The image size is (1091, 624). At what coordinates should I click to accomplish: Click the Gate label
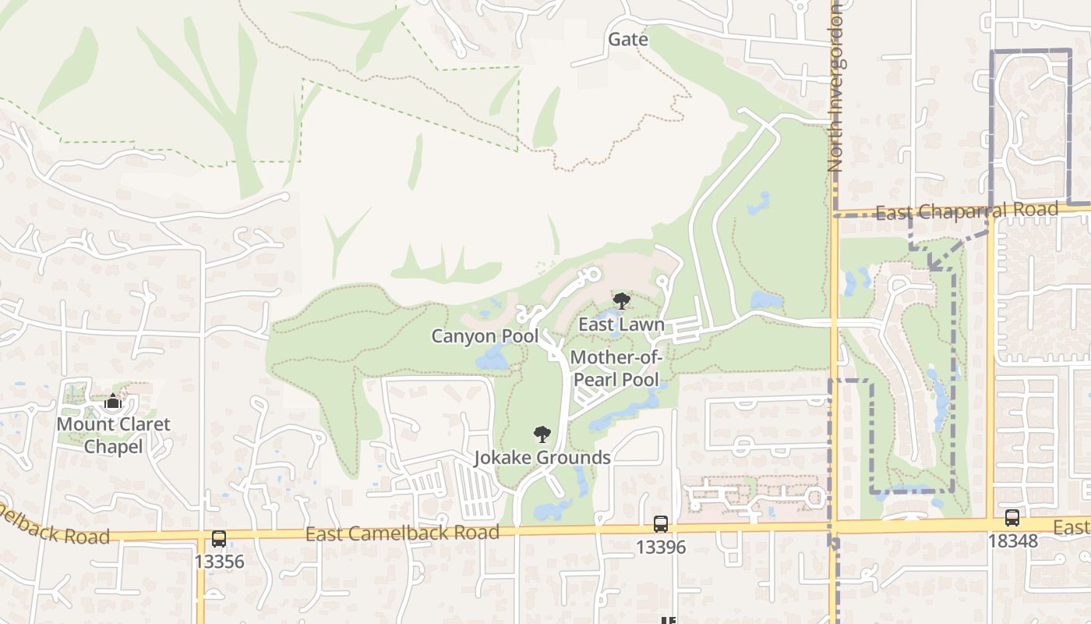pyautogui.click(x=627, y=39)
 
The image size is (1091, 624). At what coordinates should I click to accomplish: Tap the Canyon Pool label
pyautogui.click(x=485, y=336)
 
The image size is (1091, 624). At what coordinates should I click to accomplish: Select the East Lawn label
pyautogui.click(x=621, y=324)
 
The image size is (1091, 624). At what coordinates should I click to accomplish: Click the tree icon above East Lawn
pyautogui.click(x=621, y=301)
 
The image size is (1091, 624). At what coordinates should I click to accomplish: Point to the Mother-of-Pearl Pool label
pyautogui.click(x=616, y=368)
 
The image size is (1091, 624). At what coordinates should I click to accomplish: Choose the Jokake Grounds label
pyautogui.click(x=542, y=457)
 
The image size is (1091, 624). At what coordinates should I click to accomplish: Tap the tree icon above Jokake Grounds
pyautogui.click(x=542, y=434)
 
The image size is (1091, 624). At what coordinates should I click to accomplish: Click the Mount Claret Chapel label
pyautogui.click(x=113, y=435)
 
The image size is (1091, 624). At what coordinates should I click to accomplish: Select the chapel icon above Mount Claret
pyautogui.click(x=113, y=402)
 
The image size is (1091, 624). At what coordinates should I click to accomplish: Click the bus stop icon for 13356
pyautogui.click(x=219, y=538)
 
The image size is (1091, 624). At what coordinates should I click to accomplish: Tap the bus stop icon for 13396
pyautogui.click(x=660, y=524)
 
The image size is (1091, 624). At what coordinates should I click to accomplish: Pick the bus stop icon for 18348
pyautogui.click(x=1012, y=517)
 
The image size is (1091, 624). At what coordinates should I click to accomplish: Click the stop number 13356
pyautogui.click(x=219, y=562)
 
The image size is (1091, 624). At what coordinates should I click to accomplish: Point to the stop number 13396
pyautogui.click(x=660, y=547)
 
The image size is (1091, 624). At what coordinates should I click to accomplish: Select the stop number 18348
pyautogui.click(x=1012, y=540)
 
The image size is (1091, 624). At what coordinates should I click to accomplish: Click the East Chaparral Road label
pyautogui.click(x=966, y=211)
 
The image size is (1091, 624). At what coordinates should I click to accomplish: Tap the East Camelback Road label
pyautogui.click(x=402, y=534)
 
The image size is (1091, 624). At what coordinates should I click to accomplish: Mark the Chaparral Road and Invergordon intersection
pyautogui.click(x=835, y=213)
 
